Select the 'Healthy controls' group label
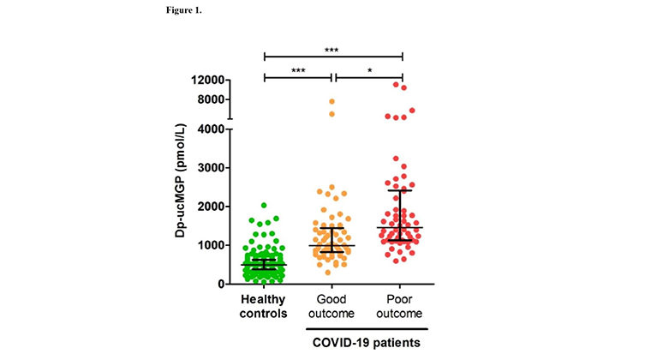pos(265,306)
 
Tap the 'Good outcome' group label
pos(331,306)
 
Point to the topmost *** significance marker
pos(332,49)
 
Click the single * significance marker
pos(367,70)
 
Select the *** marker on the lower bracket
pos(298,70)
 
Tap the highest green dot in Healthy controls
pos(264,206)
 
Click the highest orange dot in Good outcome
pos(331,102)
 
